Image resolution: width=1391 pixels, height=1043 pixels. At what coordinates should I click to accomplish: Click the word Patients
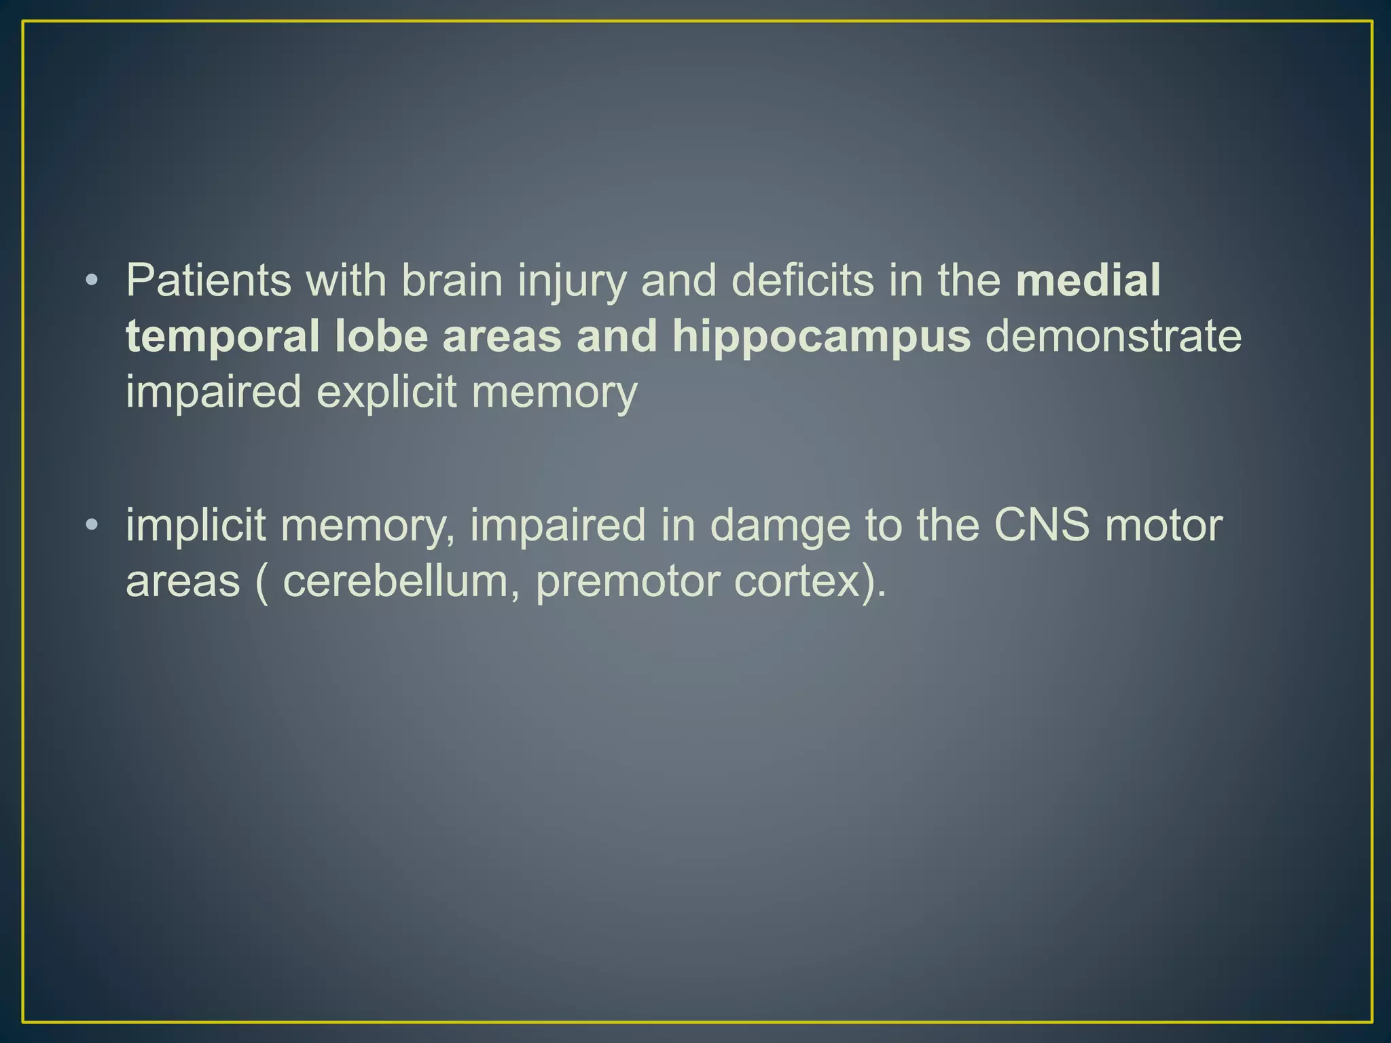point(209,280)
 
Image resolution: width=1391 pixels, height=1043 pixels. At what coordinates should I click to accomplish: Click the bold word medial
point(1088,280)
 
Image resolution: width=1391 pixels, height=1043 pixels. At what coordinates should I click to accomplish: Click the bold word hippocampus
point(822,337)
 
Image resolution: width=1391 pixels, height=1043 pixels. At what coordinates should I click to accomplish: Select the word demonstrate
point(1113,336)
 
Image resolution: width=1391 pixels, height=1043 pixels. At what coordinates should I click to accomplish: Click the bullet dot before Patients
point(92,280)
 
